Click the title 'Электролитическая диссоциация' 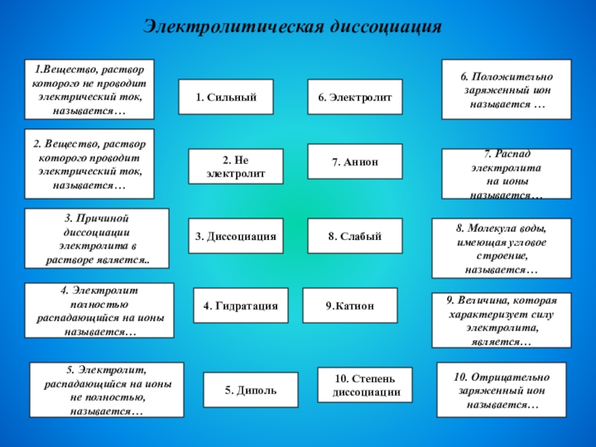(x=294, y=27)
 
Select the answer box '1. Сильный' (x=226, y=98)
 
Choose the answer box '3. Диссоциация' (x=235, y=236)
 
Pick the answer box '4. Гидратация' (x=241, y=305)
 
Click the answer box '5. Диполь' (x=250, y=390)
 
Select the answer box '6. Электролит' (x=355, y=98)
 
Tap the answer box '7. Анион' (x=355, y=162)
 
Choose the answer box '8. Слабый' (x=355, y=236)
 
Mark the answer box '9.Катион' (x=349, y=305)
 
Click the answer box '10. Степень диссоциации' (x=365, y=385)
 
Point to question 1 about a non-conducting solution (x=89, y=89)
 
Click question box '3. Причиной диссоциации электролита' (x=97, y=238)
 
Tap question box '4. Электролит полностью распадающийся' (x=99, y=311)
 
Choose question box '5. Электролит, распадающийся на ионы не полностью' (x=106, y=390)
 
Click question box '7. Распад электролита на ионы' (x=507, y=174)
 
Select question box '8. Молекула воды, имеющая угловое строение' (x=502, y=248)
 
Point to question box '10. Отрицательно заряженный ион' (x=501, y=390)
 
